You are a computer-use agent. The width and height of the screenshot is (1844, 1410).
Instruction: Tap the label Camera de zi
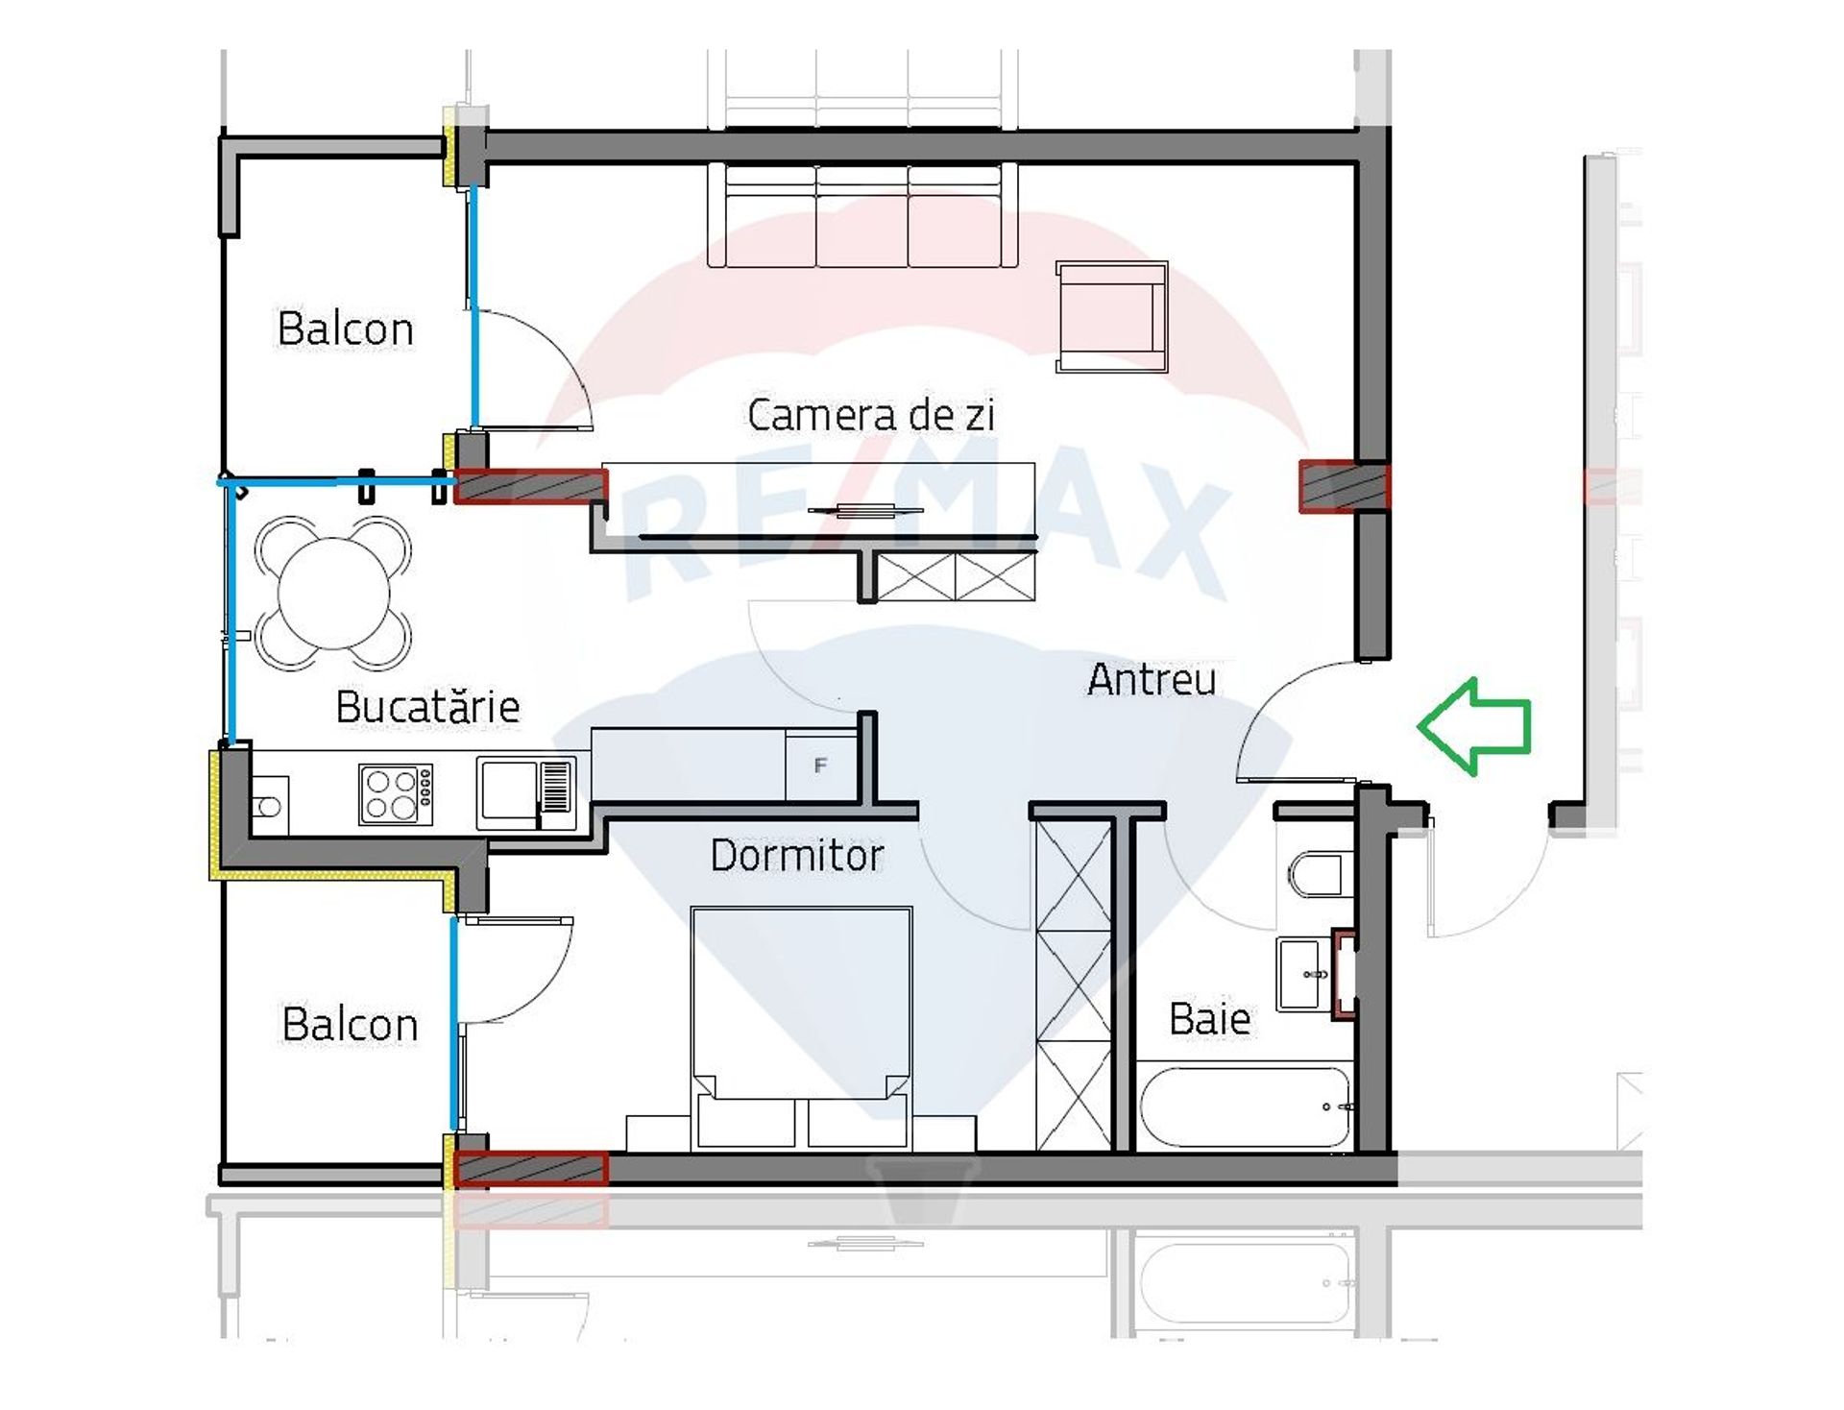[870, 415]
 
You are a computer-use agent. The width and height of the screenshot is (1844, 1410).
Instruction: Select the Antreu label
[1152, 679]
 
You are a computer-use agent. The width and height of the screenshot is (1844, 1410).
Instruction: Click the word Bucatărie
[427, 707]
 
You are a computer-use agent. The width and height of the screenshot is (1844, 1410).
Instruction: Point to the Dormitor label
[796, 855]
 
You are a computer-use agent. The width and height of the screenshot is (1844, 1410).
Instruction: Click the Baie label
[1209, 1018]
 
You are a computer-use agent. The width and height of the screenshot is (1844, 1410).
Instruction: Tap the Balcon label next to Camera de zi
[345, 328]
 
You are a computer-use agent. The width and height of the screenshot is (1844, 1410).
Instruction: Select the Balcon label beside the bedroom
[350, 1024]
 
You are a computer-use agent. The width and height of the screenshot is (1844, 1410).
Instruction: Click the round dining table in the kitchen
[333, 593]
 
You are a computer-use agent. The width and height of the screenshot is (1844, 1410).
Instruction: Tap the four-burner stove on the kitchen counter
[396, 793]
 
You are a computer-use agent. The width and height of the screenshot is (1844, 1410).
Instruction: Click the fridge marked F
[821, 765]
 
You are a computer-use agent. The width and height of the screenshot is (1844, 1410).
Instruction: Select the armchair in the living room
[1111, 316]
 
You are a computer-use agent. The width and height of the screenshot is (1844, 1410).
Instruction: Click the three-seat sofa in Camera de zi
[862, 214]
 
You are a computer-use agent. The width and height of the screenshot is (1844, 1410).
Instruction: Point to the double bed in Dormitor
[801, 1028]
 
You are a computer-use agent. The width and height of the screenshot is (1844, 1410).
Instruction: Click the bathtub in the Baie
[1245, 1106]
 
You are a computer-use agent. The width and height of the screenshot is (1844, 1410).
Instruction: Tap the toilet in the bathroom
[1316, 873]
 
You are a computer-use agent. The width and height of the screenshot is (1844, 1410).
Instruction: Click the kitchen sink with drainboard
[525, 794]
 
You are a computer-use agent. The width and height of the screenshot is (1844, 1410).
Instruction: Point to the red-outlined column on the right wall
[1344, 485]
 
